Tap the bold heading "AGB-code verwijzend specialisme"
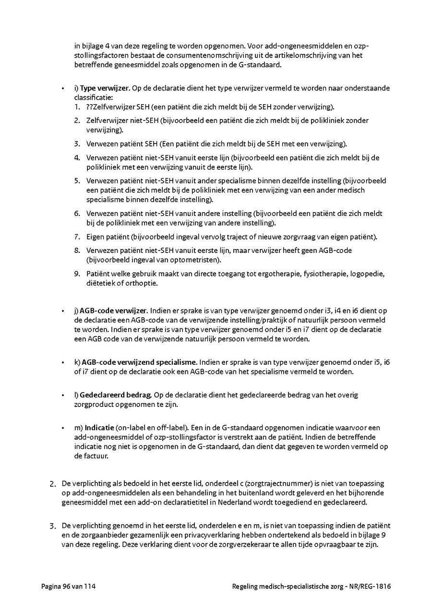(x=139, y=362)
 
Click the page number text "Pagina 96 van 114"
(x=65, y=587)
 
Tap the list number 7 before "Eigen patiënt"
(x=77, y=237)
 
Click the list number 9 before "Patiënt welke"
(x=77, y=274)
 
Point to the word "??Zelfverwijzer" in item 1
(x=105, y=107)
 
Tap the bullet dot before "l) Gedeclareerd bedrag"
(x=63, y=395)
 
